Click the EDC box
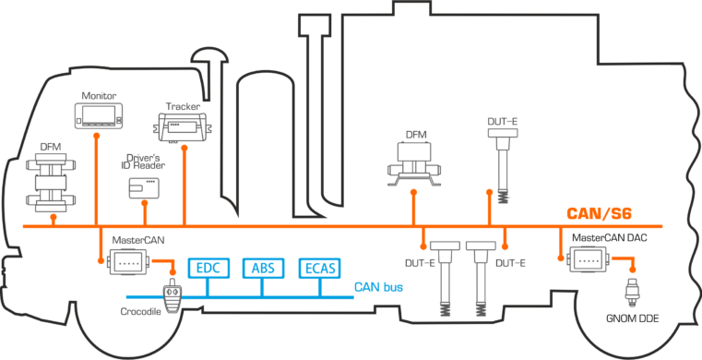click(209, 269)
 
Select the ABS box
click(263, 269)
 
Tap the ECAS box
click(320, 269)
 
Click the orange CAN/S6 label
click(599, 214)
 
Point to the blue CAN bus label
click(379, 287)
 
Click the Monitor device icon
click(99, 115)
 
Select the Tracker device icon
click(184, 127)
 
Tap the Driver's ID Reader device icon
click(144, 188)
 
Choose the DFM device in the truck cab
click(51, 183)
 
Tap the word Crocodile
click(140, 311)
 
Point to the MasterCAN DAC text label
click(610, 238)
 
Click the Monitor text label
click(99, 96)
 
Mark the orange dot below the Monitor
click(96, 135)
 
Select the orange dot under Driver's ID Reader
click(145, 203)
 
